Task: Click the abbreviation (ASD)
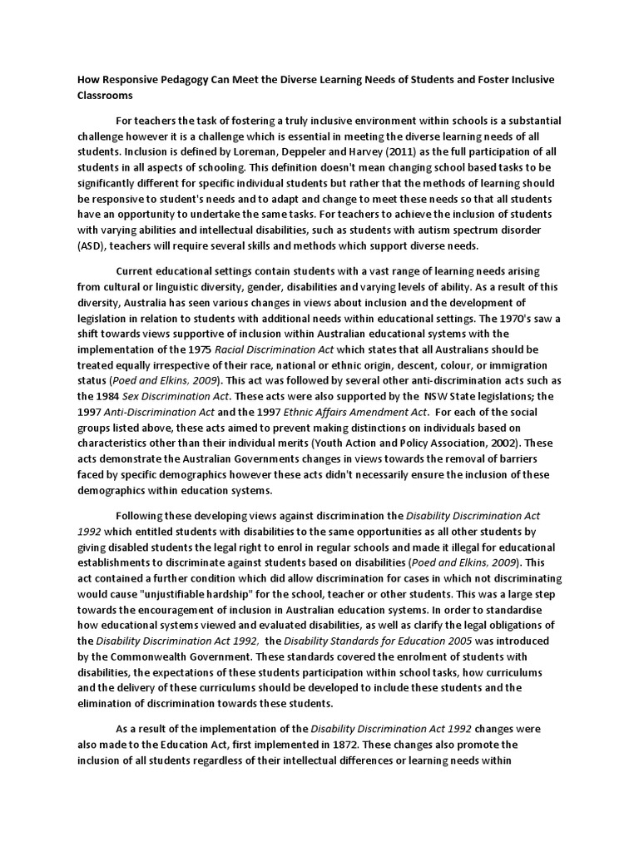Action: coord(92,246)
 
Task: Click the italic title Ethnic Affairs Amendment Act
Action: coord(354,413)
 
